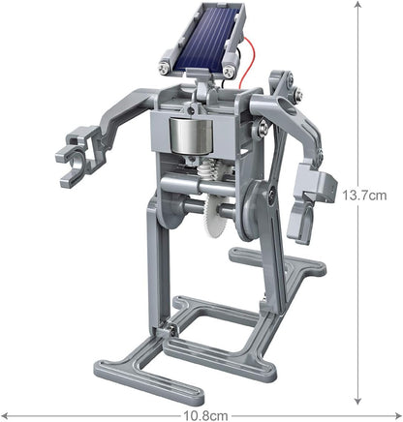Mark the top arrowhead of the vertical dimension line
[358, 6]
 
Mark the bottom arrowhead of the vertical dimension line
[358, 400]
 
